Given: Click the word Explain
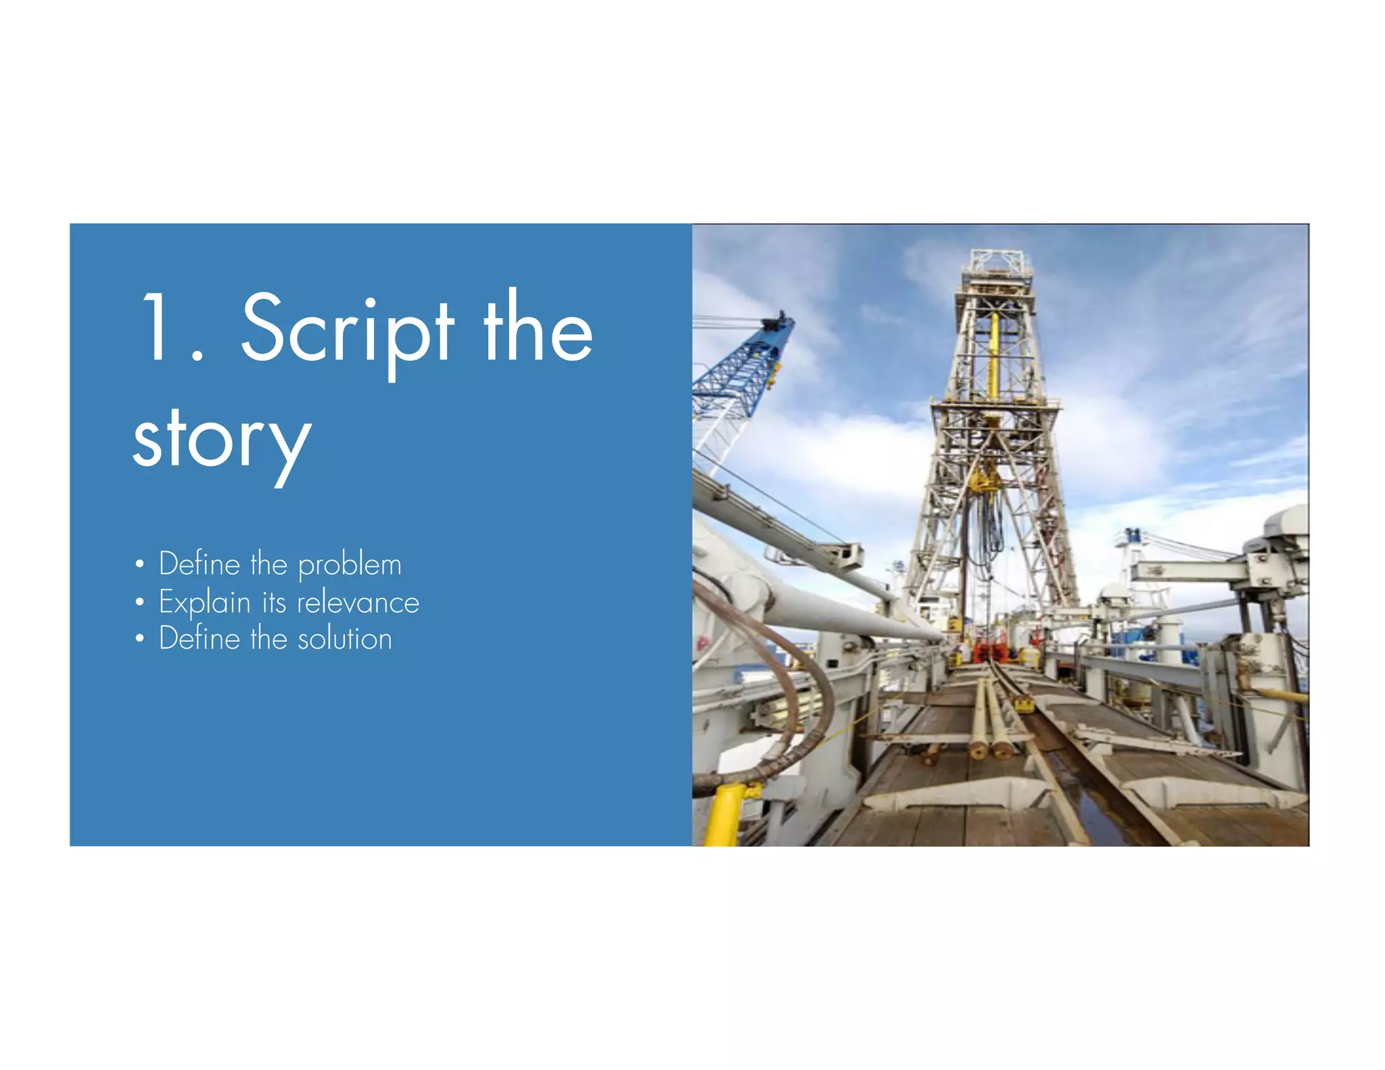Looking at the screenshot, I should pyautogui.click(x=204, y=603).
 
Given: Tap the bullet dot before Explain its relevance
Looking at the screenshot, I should pyautogui.click(x=139, y=601).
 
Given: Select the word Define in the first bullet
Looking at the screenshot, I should pyautogui.click(x=199, y=564).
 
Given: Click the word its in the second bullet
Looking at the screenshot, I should pyautogui.click(x=274, y=603).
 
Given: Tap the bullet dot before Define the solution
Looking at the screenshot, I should pyautogui.click(x=139, y=638).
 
